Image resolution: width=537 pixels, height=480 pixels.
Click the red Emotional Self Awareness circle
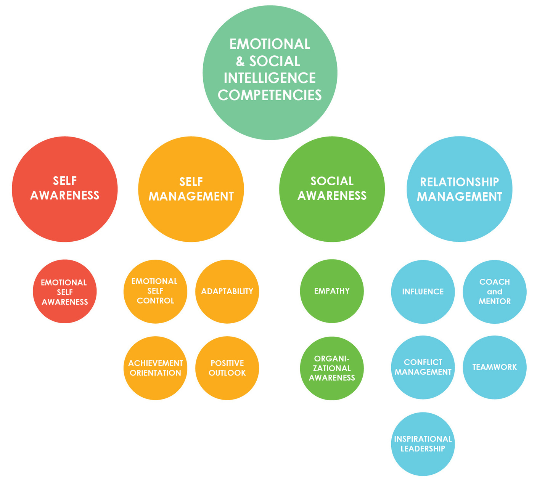click(64, 292)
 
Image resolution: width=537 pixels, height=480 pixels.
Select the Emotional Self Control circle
click(155, 291)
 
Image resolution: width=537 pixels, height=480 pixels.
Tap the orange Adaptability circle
click(227, 291)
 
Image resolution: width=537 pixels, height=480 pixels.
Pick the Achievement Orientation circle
click(155, 368)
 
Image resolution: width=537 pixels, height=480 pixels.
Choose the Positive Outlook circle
click(227, 368)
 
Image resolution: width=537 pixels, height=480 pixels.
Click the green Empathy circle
click(332, 291)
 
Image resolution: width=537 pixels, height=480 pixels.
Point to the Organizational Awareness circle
click(332, 368)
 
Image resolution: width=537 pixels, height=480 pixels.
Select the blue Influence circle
click(423, 292)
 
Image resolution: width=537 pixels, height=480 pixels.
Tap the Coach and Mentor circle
click(495, 292)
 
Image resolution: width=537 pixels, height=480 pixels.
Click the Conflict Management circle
click(423, 367)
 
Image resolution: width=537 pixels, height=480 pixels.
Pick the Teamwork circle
click(495, 367)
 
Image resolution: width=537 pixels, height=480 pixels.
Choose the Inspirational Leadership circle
click(423, 444)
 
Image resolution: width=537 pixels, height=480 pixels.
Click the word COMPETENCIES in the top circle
click(270, 95)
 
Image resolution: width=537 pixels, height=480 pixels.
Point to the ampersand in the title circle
click(240, 61)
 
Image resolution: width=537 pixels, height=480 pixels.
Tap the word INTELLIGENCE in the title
click(270, 78)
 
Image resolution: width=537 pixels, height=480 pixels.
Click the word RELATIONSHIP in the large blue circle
click(459, 182)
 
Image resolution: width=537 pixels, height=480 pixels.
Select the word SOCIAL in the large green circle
click(332, 181)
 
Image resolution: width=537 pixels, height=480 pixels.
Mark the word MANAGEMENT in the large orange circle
click(191, 196)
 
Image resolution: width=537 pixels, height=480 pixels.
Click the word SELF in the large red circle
click(65, 181)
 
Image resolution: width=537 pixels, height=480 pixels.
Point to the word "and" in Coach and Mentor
click(495, 292)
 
